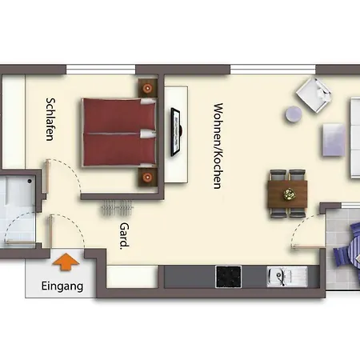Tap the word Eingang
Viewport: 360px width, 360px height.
[61, 285]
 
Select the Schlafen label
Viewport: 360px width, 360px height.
[50, 119]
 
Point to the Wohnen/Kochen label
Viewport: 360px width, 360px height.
[217, 145]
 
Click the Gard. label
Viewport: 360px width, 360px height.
[124, 236]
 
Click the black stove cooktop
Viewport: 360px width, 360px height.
[230, 276]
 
